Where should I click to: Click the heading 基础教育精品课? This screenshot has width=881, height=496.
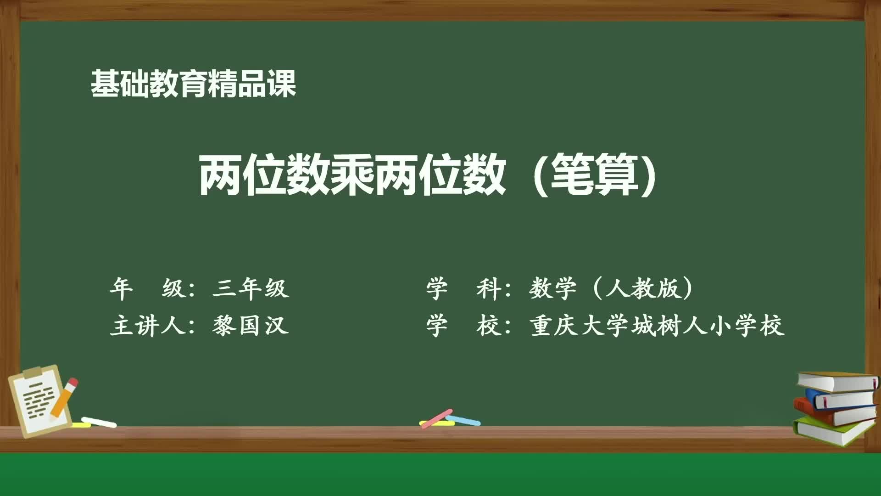[x=193, y=84]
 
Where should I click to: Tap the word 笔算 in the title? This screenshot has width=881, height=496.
[x=595, y=175]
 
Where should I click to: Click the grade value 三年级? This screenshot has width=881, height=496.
[x=251, y=289]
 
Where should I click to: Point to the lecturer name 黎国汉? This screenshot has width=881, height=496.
[x=251, y=326]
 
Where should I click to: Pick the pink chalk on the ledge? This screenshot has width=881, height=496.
[x=436, y=418]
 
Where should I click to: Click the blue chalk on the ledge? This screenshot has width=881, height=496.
[x=463, y=420]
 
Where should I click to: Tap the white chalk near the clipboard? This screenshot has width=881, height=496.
[x=99, y=422]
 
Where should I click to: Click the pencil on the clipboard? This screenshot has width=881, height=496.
[x=64, y=398]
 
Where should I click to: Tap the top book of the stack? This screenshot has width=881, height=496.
[x=837, y=382]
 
